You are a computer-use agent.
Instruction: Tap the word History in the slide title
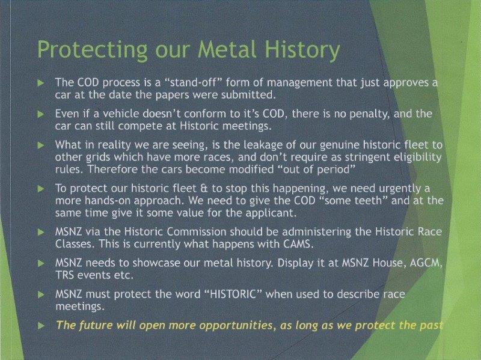pos(302,50)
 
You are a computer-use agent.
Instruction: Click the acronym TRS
pos(64,275)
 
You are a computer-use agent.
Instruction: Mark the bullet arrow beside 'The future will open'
pos(41,326)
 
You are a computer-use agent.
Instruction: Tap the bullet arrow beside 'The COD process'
pos(41,83)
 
